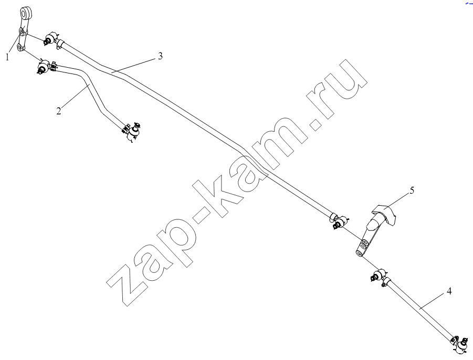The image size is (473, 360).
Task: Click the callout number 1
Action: click(7, 57)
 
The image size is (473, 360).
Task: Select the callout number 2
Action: click(58, 111)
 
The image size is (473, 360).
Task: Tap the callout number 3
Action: click(160, 56)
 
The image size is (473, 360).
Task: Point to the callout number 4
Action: click(449, 292)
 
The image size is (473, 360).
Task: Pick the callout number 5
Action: click(412, 190)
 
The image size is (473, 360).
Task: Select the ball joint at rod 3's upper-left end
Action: click(50, 38)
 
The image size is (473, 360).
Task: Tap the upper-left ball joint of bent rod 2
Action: click(44, 66)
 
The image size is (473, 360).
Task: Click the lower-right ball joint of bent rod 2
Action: click(134, 131)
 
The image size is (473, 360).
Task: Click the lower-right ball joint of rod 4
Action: click(461, 345)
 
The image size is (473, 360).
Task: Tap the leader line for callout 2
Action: click(74, 96)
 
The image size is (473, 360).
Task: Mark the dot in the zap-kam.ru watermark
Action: click(314, 124)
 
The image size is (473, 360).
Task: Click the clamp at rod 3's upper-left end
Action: click(60, 44)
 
